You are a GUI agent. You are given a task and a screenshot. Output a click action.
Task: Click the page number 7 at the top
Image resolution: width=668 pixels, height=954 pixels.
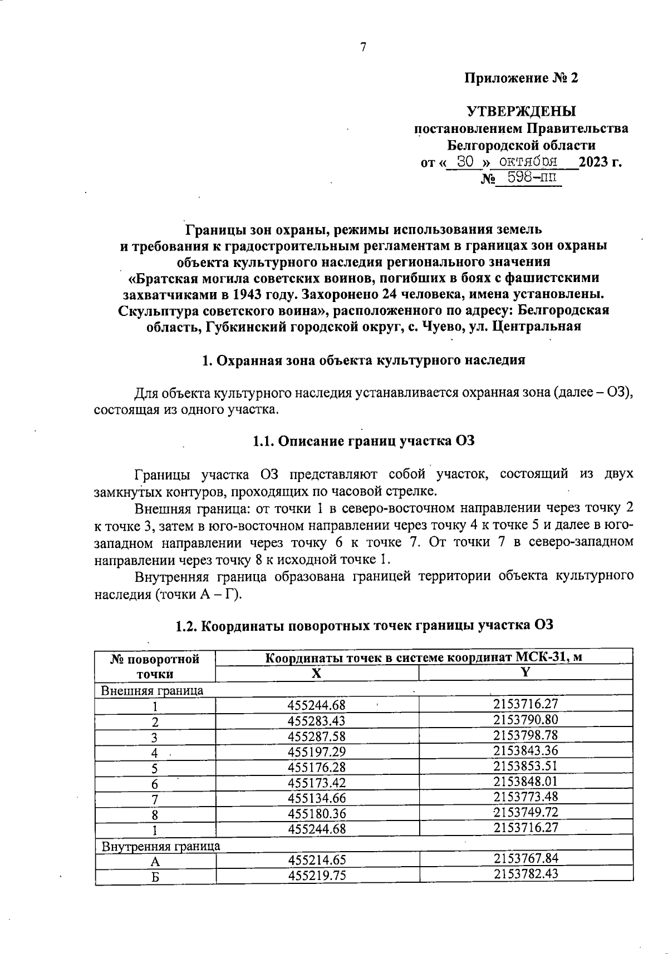pyautogui.click(x=363, y=47)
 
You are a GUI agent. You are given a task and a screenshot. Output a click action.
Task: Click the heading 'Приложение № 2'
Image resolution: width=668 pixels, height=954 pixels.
pyautogui.click(x=522, y=78)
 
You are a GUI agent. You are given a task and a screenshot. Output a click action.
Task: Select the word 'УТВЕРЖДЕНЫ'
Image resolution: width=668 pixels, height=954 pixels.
pyautogui.click(x=522, y=111)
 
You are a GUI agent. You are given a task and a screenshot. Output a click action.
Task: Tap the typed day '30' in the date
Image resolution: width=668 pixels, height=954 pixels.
pyautogui.click(x=465, y=162)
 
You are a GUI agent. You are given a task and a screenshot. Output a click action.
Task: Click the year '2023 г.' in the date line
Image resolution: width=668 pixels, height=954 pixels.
pyautogui.click(x=600, y=162)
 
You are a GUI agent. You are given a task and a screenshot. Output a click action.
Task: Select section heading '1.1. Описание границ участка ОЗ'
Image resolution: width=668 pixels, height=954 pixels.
pyautogui.click(x=364, y=442)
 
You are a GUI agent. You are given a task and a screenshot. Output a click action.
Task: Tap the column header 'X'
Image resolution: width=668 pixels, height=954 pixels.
pyautogui.click(x=316, y=673)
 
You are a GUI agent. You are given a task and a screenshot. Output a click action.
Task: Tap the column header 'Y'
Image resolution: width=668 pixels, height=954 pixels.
pyautogui.click(x=525, y=672)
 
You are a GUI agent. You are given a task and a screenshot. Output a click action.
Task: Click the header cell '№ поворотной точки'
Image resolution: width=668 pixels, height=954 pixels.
pyautogui.click(x=155, y=666)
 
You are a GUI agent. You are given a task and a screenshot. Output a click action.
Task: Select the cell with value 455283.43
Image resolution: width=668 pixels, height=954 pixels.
pyautogui.click(x=316, y=721)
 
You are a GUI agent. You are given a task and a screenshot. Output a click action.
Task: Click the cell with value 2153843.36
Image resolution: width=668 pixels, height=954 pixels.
pyautogui.click(x=525, y=750)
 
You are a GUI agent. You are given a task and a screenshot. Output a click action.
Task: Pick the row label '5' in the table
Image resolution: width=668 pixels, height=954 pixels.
pyautogui.click(x=155, y=768)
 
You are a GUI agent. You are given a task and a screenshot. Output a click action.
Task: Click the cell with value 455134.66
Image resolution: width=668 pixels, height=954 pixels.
pyautogui.click(x=316, y=799)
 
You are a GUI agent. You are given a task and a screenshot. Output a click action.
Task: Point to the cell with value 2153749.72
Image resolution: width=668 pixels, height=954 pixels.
pyautogui.click(x=525, y=812)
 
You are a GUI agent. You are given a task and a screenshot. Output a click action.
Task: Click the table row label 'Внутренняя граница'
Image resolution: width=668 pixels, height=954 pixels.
pyautogui.click(x=160, y=846)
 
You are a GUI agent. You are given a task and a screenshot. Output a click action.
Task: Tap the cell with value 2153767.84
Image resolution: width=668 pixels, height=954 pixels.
pyautogui.click(x=525, y=858)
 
